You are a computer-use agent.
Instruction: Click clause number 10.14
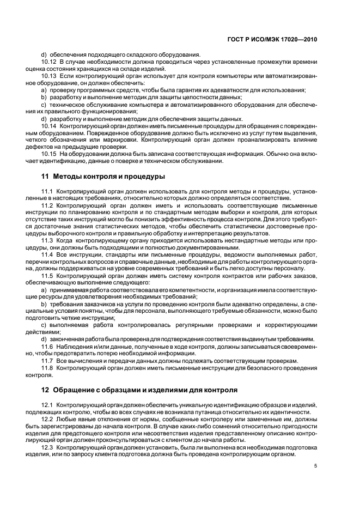(x=49, y=125)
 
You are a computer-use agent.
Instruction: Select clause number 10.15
(x=49, y=154)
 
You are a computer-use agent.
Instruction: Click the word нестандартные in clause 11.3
(x=238, y=240)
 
